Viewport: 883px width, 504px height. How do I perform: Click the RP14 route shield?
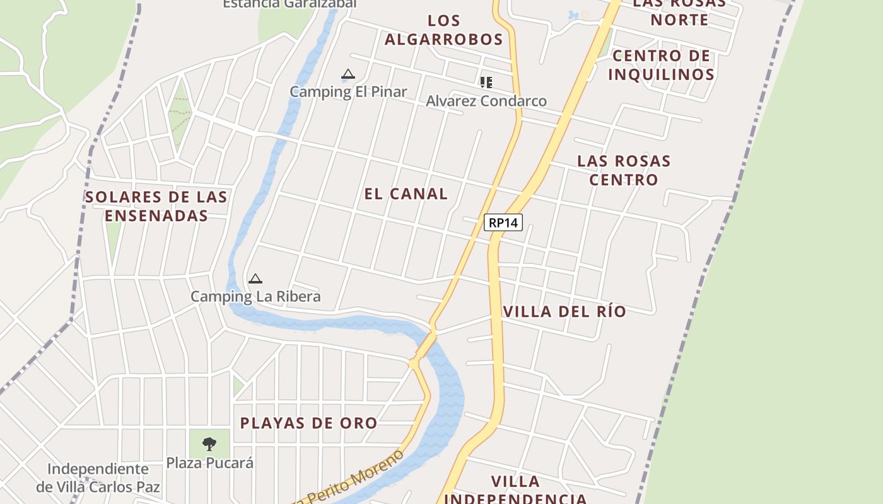pos(503,222)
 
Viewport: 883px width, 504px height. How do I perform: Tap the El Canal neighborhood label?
pos(406,194)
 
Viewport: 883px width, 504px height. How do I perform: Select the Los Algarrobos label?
pos(444,30)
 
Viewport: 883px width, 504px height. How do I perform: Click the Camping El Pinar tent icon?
pos(348,75)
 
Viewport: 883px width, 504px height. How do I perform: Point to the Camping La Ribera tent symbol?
pos(255,279)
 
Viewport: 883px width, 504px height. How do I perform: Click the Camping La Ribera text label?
pos(255,296)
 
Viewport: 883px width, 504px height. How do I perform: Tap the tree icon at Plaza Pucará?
pos(209,444)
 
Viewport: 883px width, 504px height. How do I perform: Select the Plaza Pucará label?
pos(210,463)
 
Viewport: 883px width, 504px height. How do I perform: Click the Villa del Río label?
pos(564,311)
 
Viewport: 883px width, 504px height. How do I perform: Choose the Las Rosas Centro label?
pos(624,170)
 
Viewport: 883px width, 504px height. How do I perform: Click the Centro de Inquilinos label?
pos(661,65)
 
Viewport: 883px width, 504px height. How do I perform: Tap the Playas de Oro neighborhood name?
pos(308,423)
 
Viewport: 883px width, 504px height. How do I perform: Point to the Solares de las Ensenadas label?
pos(156,206)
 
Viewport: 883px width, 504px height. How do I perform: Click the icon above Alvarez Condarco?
pos(486,83)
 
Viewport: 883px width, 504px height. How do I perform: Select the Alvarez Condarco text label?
pos(486,101)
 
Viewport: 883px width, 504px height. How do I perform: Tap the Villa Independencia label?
pos(516,490)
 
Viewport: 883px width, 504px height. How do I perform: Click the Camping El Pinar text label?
pos(348,91)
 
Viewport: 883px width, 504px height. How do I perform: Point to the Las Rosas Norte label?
pos(679,11)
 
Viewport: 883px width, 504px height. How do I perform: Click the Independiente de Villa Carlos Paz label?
pos(98,478)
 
